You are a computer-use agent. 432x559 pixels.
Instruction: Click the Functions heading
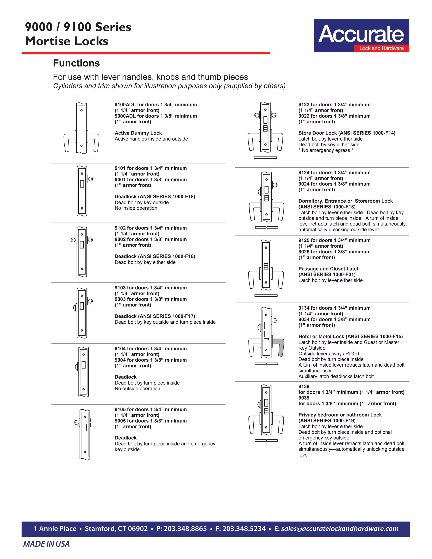[76, 63]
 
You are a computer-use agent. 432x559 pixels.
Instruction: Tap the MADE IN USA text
[46, 544]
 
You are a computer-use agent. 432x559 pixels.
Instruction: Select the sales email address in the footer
[340, 529]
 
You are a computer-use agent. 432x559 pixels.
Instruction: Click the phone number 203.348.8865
[185, 529]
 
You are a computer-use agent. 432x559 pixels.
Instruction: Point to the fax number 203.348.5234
[244, 529]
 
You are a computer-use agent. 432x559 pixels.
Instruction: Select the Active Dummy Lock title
[138, 133]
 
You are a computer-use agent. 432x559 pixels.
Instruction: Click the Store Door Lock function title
[347, 133]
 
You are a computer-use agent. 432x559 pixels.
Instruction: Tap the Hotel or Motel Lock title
[350, 336]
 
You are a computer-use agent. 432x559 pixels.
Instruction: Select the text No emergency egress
[325, 150]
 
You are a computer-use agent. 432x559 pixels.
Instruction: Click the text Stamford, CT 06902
[116, 529]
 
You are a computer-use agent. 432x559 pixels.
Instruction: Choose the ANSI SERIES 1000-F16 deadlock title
[155, 256]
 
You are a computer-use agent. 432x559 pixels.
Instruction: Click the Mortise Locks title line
[66, 41]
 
